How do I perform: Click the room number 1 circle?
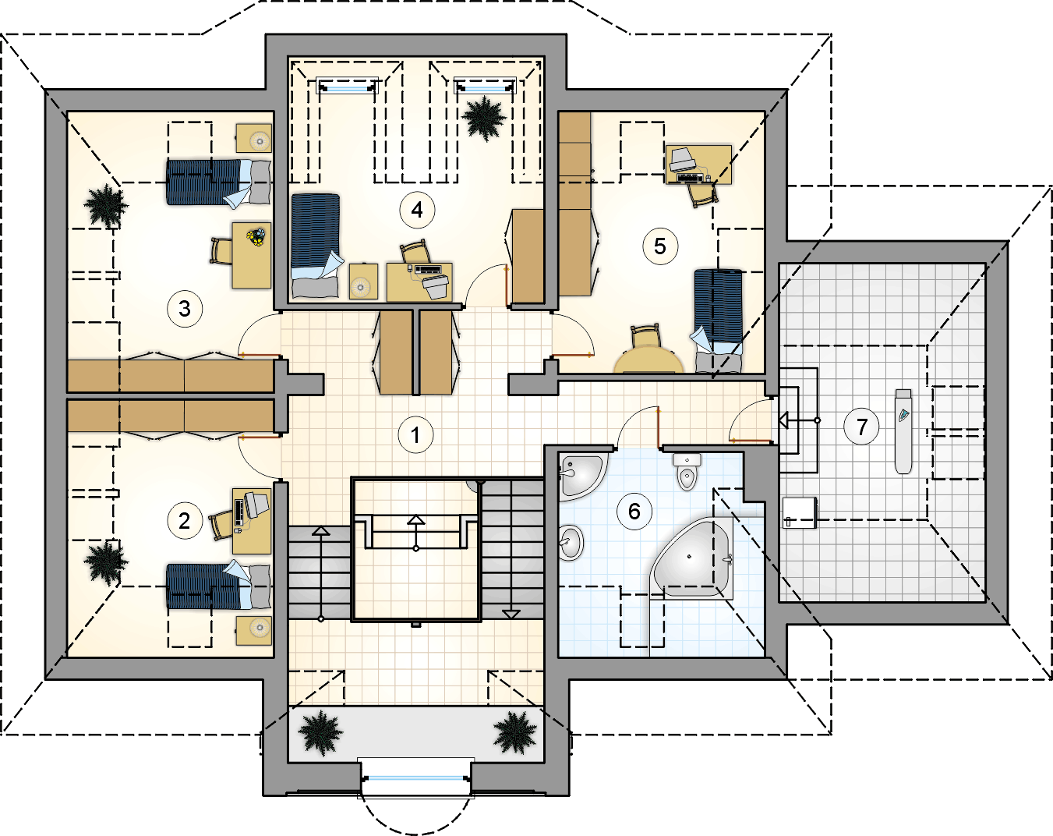[x=415, y=435]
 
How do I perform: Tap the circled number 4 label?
[x=417, y=210]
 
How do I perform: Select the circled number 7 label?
[x=862, y=427]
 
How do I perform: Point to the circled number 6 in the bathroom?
[x=634, y=512]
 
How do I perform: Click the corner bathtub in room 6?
[x=692, y=558]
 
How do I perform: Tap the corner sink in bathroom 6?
[x=582, y=476]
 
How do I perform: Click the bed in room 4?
[x=315, y=246]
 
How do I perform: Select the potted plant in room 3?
[x=106, y=206]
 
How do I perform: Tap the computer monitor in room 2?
[x=256, y=504]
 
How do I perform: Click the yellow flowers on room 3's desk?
[x=256, y=236]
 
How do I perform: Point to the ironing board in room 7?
[x=903, y=431]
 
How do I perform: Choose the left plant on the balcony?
[x=320, y=732]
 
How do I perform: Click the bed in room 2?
[x=218, y=586]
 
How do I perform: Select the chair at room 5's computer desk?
[x=703, y=193]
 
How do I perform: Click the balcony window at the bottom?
[x=416, y=778]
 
